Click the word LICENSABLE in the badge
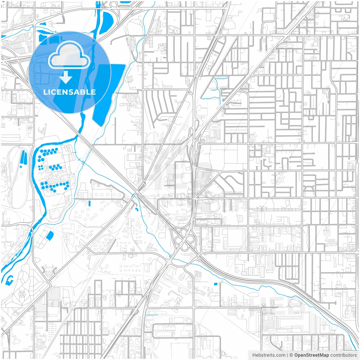pyautogui.click(x=69, y=92)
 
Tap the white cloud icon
pyautogui.click(x=69, y=55)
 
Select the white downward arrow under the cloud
pyautogui.click(x=66, y=77)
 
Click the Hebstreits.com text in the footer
pyautogui.click(x=269, y=355)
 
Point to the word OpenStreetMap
pyautogui.click(x=311, y=355)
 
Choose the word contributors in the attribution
pyautogui.click(x=343, y=355)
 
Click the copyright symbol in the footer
pyautogui.click(x=291, y=355)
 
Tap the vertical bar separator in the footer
pyautogui.click(x=287, y=355)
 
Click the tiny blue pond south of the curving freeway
pyautogui.click(x=216, y=284)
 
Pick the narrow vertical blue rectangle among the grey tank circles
pyautogui.click(x=89, y=203)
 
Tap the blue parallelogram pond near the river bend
pyautogui.click(x=50, y=236)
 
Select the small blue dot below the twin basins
pyautogui.click(x=21, y=166)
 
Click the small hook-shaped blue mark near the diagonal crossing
pyautogui.click(x=136, y=209)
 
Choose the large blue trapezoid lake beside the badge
pyautogui.click(x=108, y=93)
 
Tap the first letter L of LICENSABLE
pyautogui.click(x=45, y=92)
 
